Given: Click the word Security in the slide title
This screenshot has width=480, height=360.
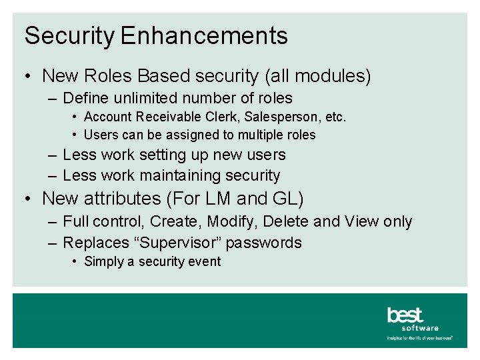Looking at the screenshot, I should (69, 36).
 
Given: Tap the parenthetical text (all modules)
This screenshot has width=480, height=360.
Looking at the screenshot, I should (317, 76).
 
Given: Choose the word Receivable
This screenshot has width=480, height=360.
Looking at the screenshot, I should (162, 117).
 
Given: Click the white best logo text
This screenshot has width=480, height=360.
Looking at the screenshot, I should (405, 315).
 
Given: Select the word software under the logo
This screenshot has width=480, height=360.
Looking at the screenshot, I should (420, 328).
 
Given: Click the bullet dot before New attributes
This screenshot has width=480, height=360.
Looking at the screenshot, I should (29, 199).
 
